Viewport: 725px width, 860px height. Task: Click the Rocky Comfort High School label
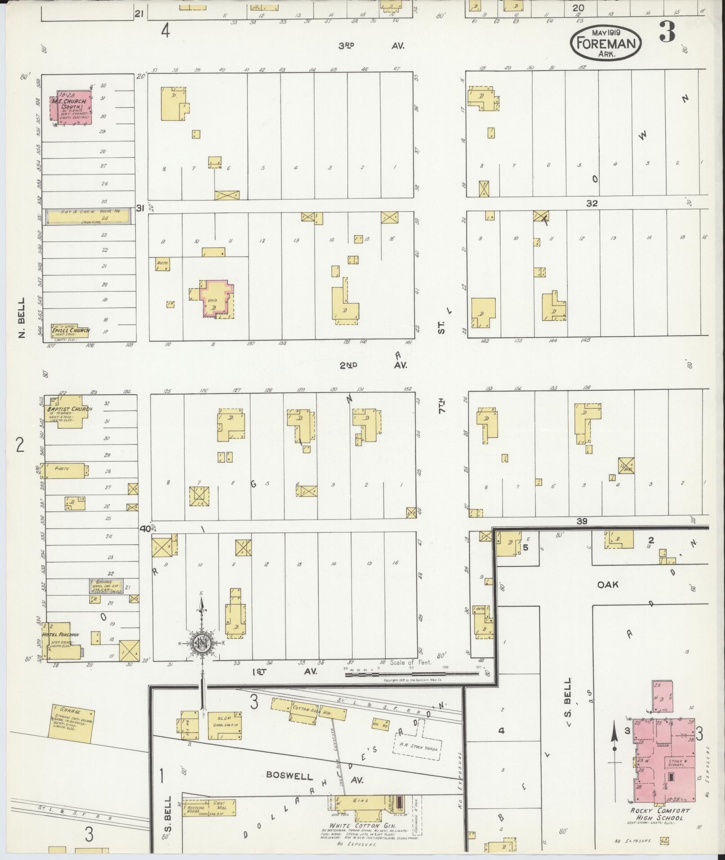click(660, 813)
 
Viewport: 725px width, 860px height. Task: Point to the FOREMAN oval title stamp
click(606, 43)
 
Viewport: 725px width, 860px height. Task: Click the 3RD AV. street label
click(371, 45)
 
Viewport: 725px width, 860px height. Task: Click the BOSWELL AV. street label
click(315, 775)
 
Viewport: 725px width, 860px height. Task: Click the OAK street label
click(608, 584)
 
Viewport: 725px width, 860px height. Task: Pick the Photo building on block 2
click(62, 470)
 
